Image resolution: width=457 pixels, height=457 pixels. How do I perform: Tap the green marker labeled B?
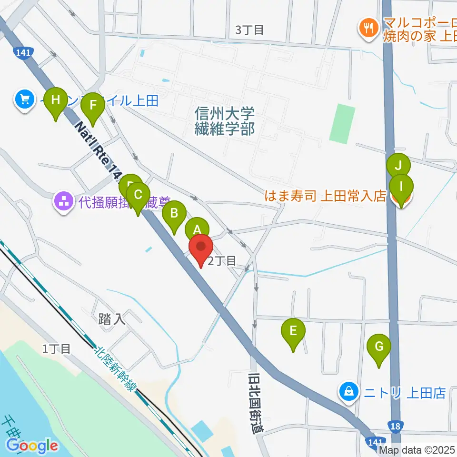(x=174, y=213)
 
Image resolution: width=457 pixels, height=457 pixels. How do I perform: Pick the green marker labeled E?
(x=293, y=330)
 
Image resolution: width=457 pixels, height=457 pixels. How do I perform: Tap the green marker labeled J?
(x=398, y=167)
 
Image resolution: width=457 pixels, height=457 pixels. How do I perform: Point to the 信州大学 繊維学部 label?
(x=224, y=121)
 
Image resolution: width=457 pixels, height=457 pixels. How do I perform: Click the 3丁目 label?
(x=249, y=30)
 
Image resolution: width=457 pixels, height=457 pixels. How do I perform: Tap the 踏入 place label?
(x=112, y=319)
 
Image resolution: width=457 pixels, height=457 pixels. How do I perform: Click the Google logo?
(x=32, y=446)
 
